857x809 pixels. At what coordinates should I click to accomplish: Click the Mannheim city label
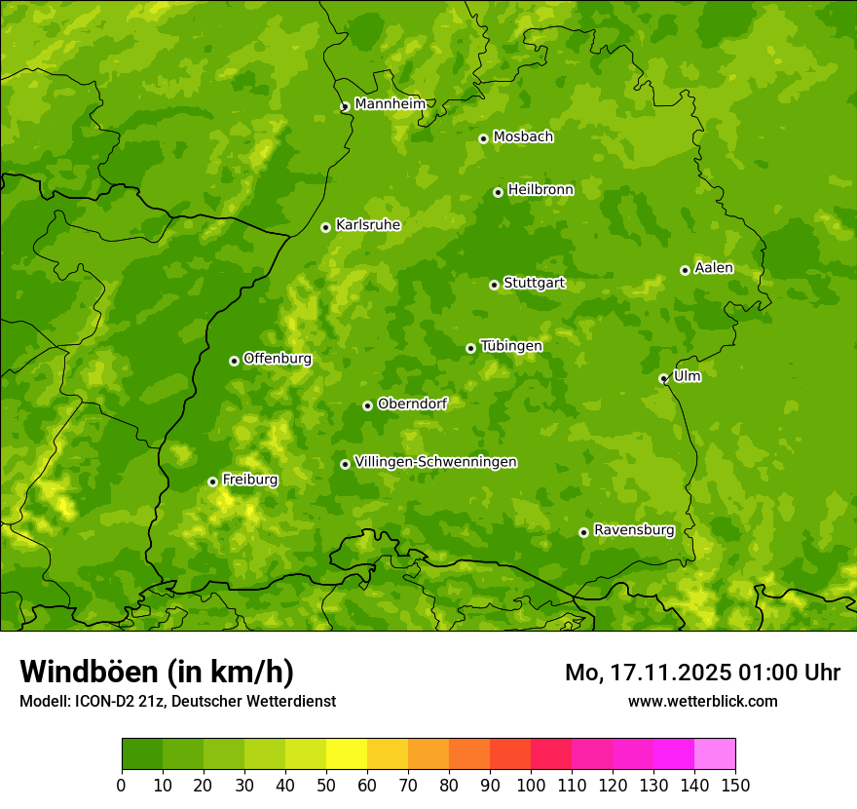[390, 104]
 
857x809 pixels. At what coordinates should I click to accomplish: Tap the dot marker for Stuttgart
[494, 285]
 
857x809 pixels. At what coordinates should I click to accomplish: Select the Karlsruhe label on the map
[367, 225]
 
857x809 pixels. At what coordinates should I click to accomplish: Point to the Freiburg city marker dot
[212, 482]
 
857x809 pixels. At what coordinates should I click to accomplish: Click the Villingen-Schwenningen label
[435, 462]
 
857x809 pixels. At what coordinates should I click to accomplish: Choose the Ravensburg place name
[633, 530]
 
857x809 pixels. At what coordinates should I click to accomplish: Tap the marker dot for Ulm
[663, 378]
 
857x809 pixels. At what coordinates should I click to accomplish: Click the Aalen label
[713, 268]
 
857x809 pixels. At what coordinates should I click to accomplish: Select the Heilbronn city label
[540, 190]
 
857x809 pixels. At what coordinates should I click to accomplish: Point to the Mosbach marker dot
[483, 138]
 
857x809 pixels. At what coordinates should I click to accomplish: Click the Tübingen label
[510, 346]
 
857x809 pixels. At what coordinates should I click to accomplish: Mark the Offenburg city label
[278, 359]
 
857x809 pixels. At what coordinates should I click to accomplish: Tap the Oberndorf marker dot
[367, 405]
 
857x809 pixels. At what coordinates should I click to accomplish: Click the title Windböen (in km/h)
[157, 672]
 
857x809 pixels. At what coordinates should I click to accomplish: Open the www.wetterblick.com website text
[702, 701]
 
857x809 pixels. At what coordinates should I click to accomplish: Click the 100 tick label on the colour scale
[531, 785]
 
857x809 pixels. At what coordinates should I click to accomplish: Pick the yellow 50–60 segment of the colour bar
[347, 754]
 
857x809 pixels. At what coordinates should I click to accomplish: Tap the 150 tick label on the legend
[735, 785]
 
